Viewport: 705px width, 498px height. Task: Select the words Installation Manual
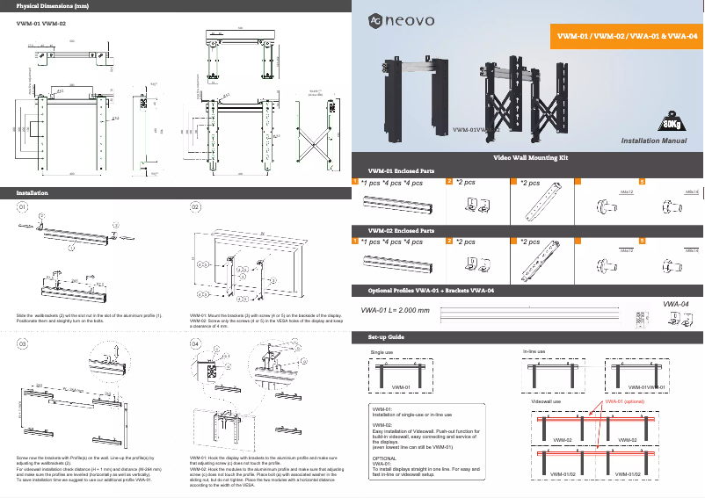[654, 140]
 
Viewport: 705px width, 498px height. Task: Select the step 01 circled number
[23, 207]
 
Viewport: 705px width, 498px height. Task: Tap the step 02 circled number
[196, 207]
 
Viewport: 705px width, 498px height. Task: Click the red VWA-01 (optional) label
[624, 401]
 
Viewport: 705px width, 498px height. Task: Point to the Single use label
[382, 352]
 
